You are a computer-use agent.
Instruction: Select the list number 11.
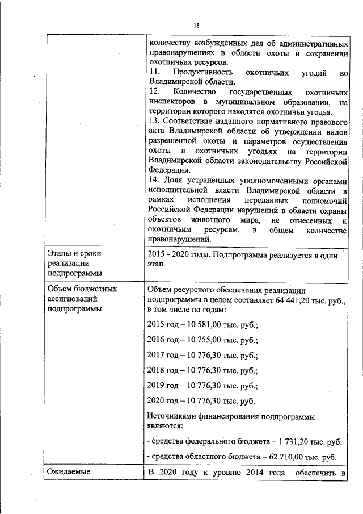(153, 73)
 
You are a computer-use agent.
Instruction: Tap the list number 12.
(153, 91)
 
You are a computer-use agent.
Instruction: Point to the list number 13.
(153, 122)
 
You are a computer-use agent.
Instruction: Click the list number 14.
(153, 180)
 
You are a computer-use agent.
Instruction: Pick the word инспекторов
(172, 102)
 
